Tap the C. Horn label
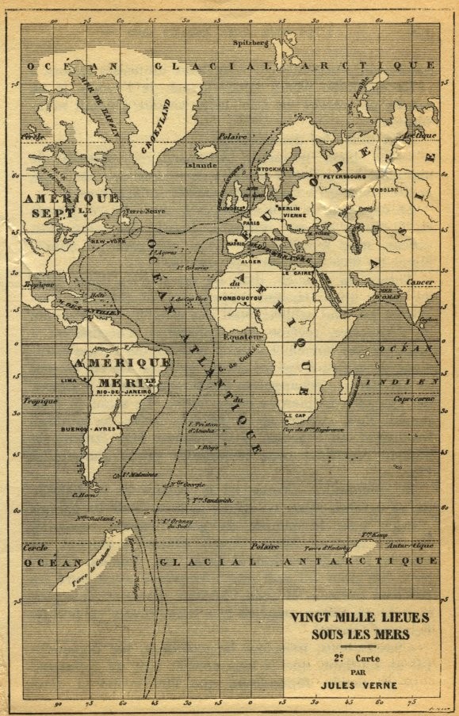pos(84,496)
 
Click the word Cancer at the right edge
pos(419,281)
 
